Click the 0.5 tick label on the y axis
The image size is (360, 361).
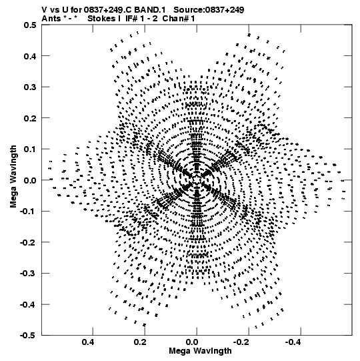pos(30,25)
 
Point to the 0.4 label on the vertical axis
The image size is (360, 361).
pos(30,56)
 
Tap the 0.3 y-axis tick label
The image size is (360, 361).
pos(30,87)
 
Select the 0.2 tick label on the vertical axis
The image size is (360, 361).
pos(30,118)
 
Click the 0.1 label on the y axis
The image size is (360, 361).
pos(30,149)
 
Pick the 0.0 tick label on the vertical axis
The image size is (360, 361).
pos(30,180)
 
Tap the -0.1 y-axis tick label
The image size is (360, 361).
pos(28,212)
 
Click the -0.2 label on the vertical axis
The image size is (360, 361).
pos(28,242)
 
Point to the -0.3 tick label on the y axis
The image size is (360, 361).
pos(28,274)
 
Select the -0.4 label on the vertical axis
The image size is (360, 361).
pos(28,304)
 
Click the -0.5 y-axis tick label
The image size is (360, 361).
pos(28,336)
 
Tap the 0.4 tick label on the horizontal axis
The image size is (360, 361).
pos(88,342)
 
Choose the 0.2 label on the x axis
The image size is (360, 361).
pos(140,342)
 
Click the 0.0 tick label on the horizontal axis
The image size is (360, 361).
pos(192,342)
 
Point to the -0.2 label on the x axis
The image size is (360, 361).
pos(242,342)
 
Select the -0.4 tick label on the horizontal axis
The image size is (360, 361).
pos(294,342)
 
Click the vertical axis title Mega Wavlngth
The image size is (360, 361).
pos(13,177)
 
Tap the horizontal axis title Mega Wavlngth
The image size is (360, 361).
pos(200,351)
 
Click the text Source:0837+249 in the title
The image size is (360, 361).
pos(209,10)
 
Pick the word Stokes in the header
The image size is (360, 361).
pos(101,19)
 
